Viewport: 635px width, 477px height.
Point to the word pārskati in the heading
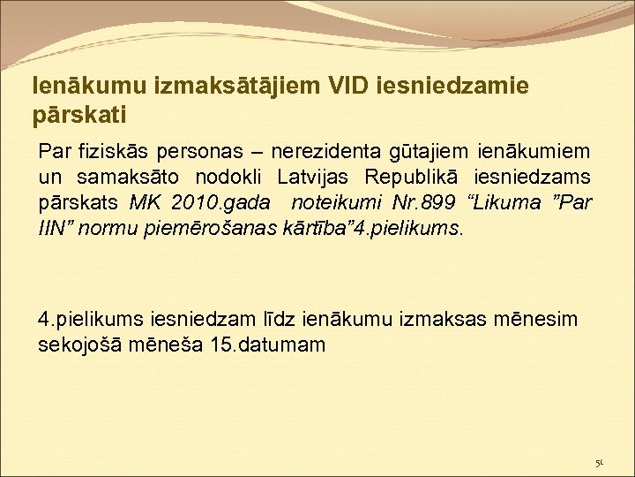coord(79,115)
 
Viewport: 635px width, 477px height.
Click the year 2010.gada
coord(211,202)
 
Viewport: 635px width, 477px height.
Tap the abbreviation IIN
coord(53,229)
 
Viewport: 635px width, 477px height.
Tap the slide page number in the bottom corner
coord(599,463)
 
